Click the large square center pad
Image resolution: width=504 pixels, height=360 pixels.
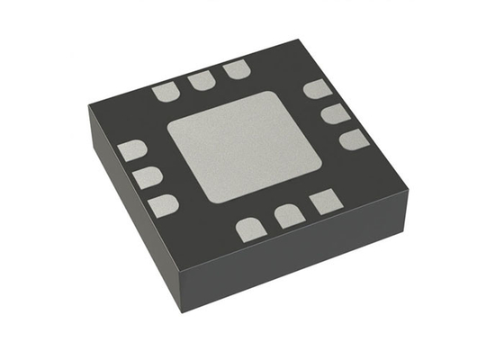245,146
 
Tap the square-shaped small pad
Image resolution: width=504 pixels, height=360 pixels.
323,202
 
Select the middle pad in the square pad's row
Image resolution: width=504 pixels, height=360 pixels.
288,216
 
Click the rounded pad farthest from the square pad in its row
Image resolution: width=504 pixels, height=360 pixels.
251,230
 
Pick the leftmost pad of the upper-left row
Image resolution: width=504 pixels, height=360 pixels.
166,91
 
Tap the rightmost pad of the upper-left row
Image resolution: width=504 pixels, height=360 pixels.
236,69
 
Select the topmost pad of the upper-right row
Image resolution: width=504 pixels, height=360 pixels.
316,88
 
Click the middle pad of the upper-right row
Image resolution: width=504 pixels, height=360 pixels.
334,113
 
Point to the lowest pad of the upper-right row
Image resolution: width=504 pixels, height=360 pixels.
353,139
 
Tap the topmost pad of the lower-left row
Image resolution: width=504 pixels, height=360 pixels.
132,150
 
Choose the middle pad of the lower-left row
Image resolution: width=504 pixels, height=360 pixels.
147,176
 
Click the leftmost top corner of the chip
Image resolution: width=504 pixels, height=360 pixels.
89,109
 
